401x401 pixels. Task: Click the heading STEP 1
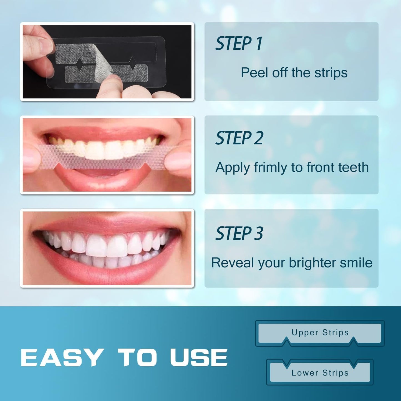[239, 44]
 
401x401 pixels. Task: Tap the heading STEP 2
[239, 138]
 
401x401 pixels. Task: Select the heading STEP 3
[239, 233]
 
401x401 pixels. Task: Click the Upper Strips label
[320, 332]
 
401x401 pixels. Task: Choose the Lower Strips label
[320, 373]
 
